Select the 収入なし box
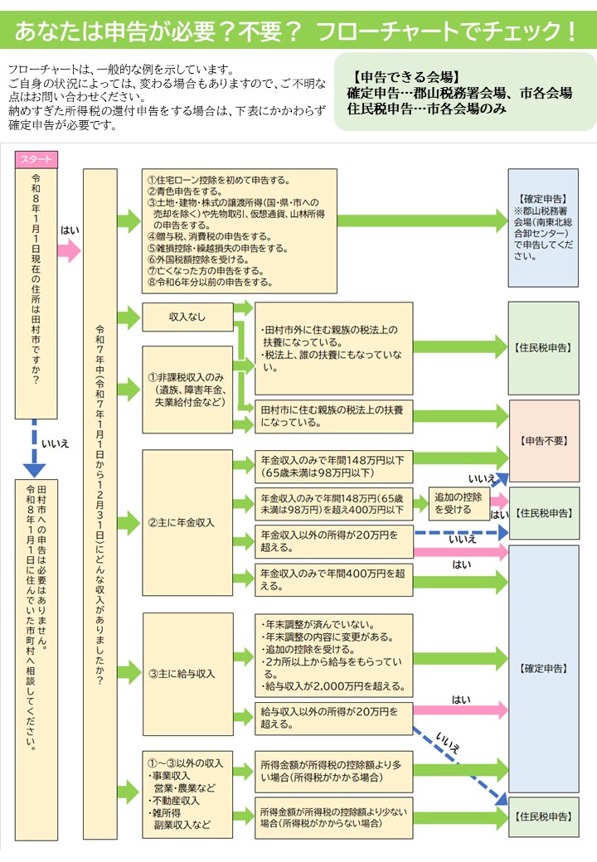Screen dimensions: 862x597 187,317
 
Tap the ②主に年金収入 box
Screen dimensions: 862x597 187,523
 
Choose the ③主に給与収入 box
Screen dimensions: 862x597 187,674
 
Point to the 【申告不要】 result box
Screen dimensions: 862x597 543,440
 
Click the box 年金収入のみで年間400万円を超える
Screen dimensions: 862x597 333,579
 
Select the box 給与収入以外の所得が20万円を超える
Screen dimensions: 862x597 333,718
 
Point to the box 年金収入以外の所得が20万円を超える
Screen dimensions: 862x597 333,541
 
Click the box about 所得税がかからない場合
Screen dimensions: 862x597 333,818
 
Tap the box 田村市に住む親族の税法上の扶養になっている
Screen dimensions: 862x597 333,416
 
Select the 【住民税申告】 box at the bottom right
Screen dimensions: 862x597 543,816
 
